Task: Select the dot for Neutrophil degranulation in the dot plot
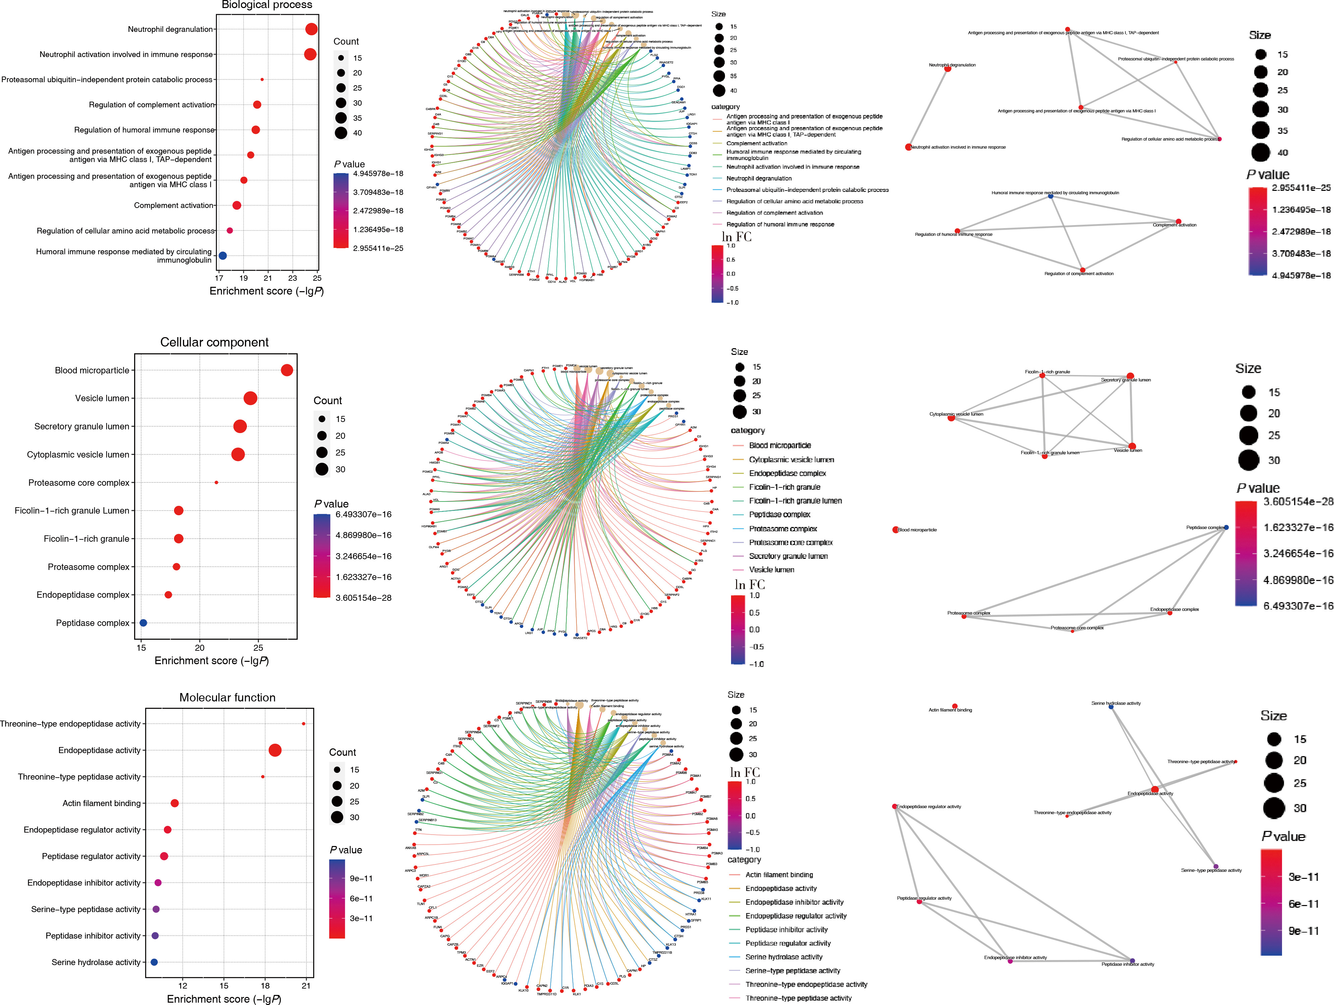coord(311,29)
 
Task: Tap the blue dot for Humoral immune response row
coord(223,256)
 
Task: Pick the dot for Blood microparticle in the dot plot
coord(287,370)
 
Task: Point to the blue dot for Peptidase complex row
coord(143,623)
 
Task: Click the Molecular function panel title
coord(227,697)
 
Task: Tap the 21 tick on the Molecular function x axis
coord(306,986)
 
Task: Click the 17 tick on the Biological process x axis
coord(219,278)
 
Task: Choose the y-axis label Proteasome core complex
coord(79,483)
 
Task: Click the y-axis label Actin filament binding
coord(101,803)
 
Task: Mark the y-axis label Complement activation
coord(174,205)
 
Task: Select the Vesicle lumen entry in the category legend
coord(771,570)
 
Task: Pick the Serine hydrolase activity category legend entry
coord(783,957)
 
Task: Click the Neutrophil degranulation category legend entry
coord(759,178)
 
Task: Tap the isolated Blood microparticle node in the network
coord(896,530)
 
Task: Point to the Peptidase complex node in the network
coord(1226,527)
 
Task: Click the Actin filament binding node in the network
coord(955,706)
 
